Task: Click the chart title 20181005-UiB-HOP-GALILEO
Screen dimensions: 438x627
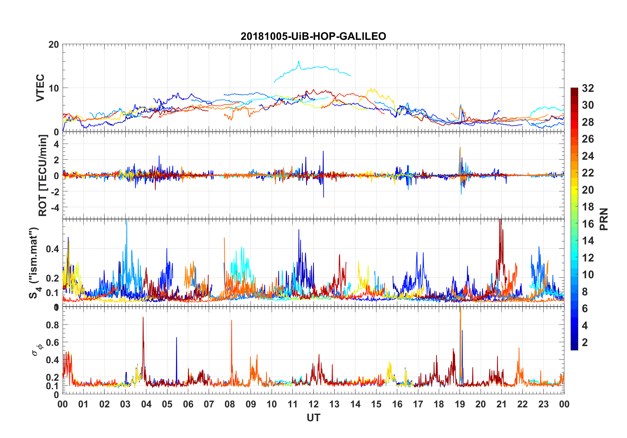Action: click(313, 36)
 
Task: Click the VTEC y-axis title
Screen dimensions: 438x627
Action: click(40, 88)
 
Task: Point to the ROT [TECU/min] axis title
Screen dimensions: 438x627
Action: click(43, 176)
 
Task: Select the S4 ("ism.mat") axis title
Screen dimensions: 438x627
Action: click(34, 263)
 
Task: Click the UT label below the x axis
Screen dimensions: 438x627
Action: click(313, 418)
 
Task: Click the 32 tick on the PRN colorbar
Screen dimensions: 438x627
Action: click(588, 88)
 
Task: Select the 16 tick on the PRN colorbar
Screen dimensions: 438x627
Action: click(588, 224)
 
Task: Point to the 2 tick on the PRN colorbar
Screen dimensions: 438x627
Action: click(585, 342)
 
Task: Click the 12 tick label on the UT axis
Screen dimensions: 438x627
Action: click(313, 404)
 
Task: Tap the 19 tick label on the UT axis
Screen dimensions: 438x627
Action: click(460, 404)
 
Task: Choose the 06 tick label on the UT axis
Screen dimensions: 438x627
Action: click(188, 404)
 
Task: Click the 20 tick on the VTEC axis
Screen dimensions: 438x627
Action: click(54, 45)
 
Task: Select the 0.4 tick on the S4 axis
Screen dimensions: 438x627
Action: click(53, 249)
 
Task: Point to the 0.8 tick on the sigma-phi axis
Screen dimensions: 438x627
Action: click(53, 325)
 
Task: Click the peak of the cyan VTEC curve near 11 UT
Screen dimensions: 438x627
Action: click(299, 62)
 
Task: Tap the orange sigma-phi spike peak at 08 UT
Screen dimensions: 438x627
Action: click(231, 320)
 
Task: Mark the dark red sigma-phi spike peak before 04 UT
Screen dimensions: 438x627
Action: click(143, 317)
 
